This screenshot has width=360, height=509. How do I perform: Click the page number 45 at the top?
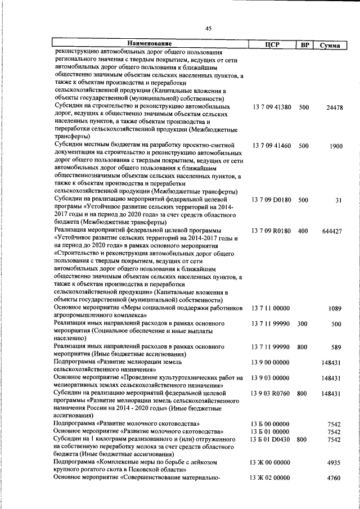209,29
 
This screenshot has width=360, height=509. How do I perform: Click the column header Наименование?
148,44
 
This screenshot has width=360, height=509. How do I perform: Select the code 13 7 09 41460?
272,146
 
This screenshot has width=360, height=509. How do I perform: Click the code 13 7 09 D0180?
272,200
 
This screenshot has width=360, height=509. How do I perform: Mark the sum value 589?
336,346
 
